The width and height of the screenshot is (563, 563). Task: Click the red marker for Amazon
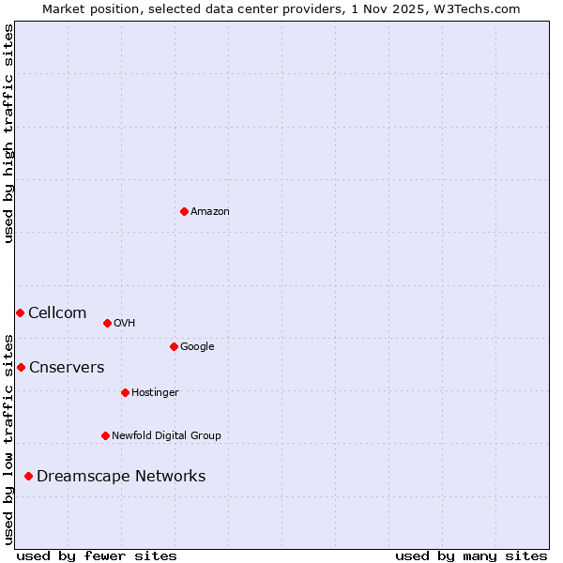[184, 211]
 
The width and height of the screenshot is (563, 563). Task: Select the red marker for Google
[174, 346]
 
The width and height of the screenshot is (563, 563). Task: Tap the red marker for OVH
[107, 323]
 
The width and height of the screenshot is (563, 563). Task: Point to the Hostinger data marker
[125, 392]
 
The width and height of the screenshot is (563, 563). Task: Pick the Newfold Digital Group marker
[105, 435]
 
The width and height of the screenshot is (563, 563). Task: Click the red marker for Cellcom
[20, 312]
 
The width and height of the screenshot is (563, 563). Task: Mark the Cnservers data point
[21, 367]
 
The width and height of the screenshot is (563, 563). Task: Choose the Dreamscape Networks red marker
[28, 477]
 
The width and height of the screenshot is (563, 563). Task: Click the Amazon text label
[210, 212]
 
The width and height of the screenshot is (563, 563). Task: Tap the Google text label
[197, 347]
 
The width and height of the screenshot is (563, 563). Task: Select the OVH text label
[125, 324]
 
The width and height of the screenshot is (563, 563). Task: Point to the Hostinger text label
[155, 393]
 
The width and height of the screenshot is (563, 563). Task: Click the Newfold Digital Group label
[166, 436]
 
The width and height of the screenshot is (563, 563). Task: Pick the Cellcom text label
[57, 313]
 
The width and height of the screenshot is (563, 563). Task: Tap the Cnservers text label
[67, 368]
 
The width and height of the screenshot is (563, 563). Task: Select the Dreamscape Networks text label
[121, 477]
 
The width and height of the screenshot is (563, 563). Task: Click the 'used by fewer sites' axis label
[97, 555]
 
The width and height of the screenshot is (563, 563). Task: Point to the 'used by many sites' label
[471, 555]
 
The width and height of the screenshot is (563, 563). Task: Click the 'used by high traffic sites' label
[8, 133]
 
